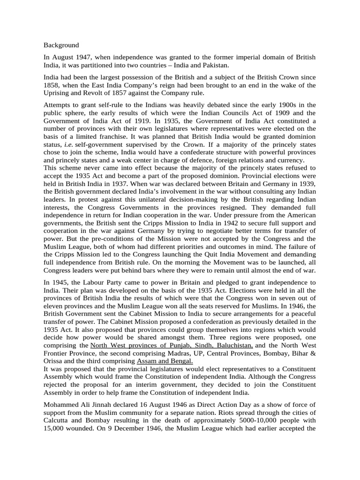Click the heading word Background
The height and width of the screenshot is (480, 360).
coord(61,45)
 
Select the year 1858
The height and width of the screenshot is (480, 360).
coord(52,85)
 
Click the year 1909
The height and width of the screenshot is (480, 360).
coord(269,113)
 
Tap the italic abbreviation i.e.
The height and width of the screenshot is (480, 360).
coord(68,145)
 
